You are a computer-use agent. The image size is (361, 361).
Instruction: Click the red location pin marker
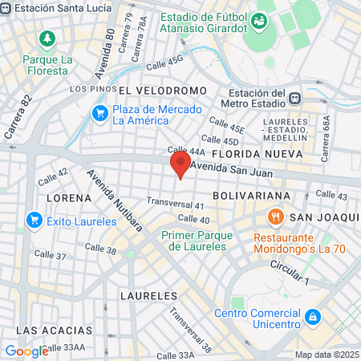coord(180,165)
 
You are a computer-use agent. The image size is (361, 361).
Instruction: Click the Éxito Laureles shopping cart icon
coord(34,218)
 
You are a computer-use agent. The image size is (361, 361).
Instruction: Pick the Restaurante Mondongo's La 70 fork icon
coord(275,217)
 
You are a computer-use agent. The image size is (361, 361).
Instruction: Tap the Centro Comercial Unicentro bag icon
coord(313,317)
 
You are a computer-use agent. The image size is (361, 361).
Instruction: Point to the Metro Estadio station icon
coord(295,98)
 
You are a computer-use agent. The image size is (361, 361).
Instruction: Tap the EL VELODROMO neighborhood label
coord(163,91)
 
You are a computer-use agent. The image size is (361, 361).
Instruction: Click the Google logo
coord(27,351)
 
